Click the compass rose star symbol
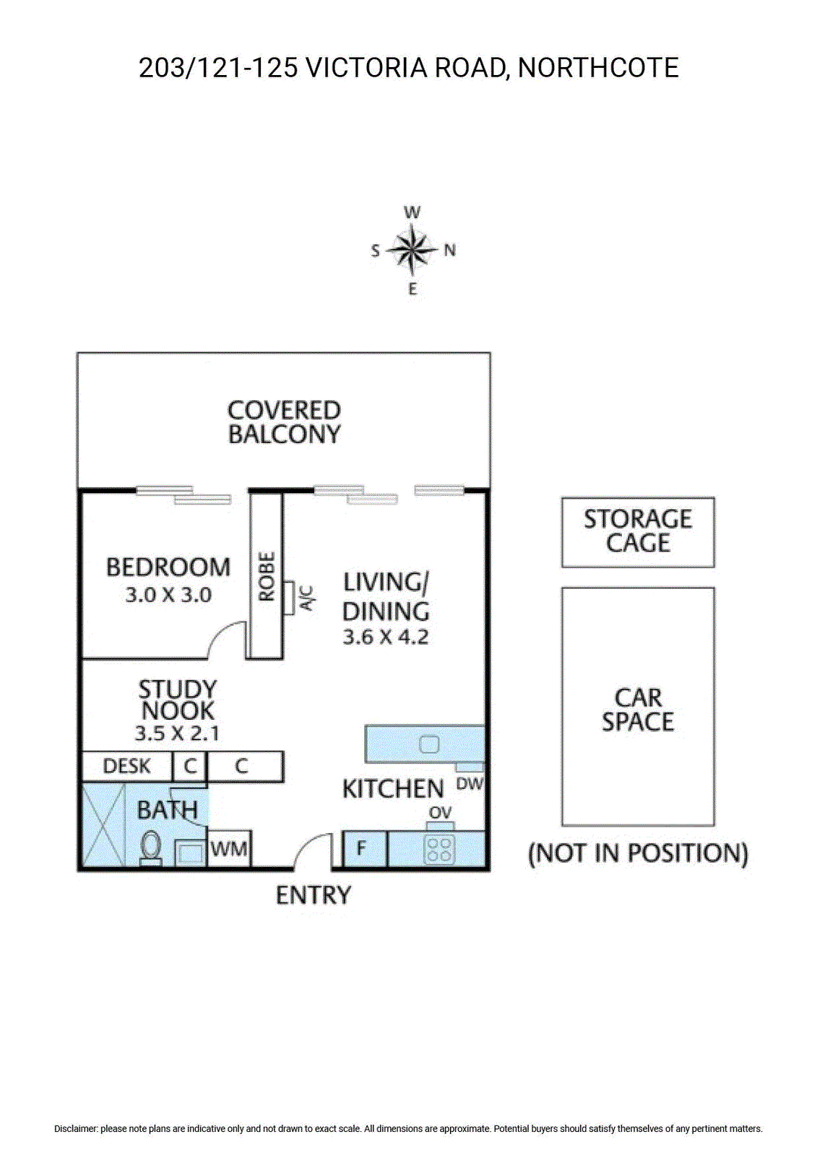(412, 250)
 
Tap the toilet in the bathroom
(150, 845)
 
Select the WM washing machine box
(229, 849)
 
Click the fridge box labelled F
(362, 848)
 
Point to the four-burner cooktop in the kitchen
(439, 849)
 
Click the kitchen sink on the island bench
(429, 744)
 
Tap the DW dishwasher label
(470, 784)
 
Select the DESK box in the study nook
(127, 766)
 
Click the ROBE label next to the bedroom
(267, 576)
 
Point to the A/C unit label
(307, 597)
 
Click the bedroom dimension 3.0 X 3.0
(168, 596)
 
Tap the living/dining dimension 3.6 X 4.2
(386, 637)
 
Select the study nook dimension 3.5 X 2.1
(177, 733)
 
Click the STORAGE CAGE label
(638, 531)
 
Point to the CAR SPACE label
(638, 710)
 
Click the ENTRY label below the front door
(314, 895)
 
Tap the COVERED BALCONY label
(284, 422)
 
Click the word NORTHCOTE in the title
(598, 68)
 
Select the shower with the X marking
(102, 825)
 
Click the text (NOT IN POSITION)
(638, 853)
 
